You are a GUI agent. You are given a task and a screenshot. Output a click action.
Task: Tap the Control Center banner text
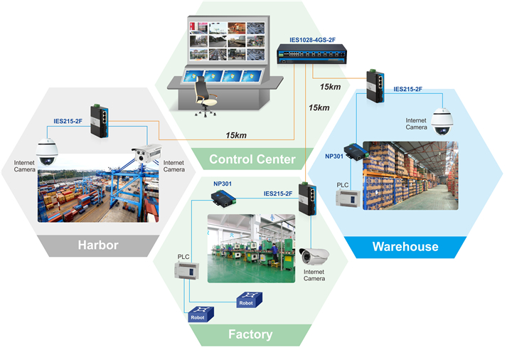click(x=252, y=159)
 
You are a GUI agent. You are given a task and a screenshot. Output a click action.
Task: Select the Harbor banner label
click(x=98, y=246)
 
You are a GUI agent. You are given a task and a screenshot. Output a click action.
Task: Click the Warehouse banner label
click(x=405, y=247)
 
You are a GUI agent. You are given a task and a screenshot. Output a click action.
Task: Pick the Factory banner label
click(x=250, y=334)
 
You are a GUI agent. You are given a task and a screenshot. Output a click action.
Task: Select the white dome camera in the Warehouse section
click(x=442, y=123)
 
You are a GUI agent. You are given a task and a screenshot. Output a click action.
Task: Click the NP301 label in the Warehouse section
click(x=335, y=156)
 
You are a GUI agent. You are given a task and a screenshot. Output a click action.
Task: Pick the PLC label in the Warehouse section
click(x=343, y=185)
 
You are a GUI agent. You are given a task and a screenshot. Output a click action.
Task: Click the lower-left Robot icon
click(x=199, y=314)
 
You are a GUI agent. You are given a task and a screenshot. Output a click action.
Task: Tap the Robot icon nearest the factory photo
click(x=246, y=300)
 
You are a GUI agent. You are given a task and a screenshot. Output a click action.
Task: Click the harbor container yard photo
click(x=97, y=194)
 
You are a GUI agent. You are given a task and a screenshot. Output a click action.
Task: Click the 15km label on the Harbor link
click(x=236, y=135)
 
